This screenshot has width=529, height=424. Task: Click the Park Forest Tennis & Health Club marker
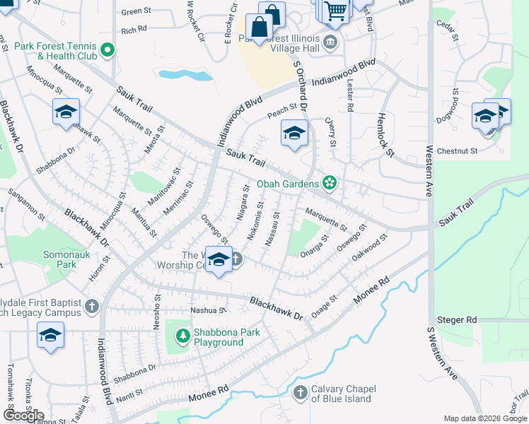click(107, 49)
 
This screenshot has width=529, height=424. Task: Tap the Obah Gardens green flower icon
click(329, 184)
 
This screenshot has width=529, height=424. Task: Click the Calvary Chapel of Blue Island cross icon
click(301, 392)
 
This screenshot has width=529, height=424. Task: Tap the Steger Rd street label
click(457, 320)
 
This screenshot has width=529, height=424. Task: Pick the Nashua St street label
click(207, 310)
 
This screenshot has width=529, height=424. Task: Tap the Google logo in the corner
click(23, 415)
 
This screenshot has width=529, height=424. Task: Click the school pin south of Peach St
click(294, 132)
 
